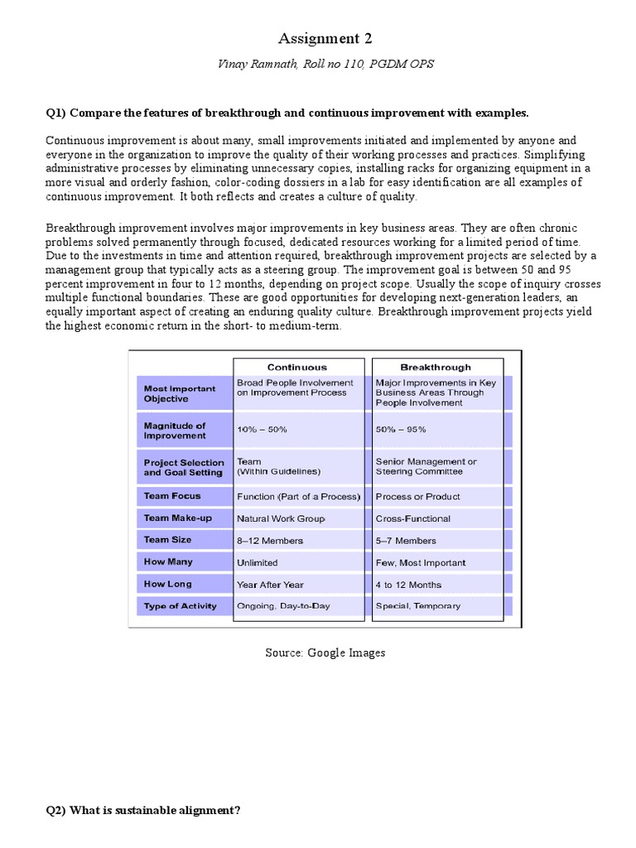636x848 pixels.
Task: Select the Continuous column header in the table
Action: click(x=296, y=367)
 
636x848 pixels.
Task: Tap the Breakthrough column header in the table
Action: click(x=436, y=367)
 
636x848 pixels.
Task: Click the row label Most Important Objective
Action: click(x=180, y=393)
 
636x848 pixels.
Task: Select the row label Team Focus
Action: click(x=172, y=496)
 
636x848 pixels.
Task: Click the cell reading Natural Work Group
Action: click(x=282, y=518)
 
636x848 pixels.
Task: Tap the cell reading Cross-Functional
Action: click(x=413, y=518)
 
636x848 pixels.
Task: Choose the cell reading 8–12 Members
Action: click(x=270, y=540)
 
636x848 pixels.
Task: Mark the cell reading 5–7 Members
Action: click(x=406, y=540)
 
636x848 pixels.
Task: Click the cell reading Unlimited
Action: click(x=258, y=562)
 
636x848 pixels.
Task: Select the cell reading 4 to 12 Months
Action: click(x=409, y=584)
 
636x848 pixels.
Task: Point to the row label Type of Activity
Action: click(x=180, y=605)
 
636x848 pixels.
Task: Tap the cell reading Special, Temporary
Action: click(x=418, y=606)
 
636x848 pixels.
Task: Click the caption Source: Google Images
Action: click(x=325, y=653)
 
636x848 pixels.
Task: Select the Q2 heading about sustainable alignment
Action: click(x=143, y=810)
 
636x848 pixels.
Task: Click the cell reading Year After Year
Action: click(x=270, y=584)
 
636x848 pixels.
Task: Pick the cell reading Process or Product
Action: click(x=417, y=496)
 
